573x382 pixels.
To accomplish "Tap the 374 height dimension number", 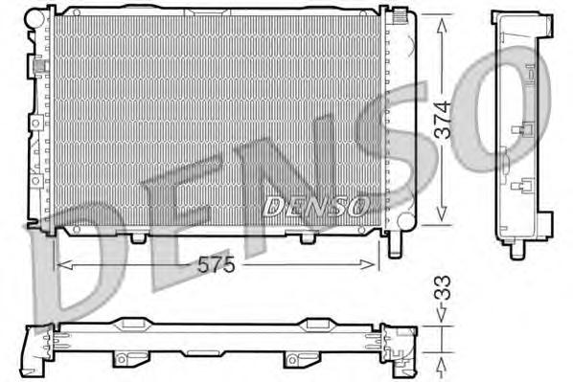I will pos(443,121).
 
